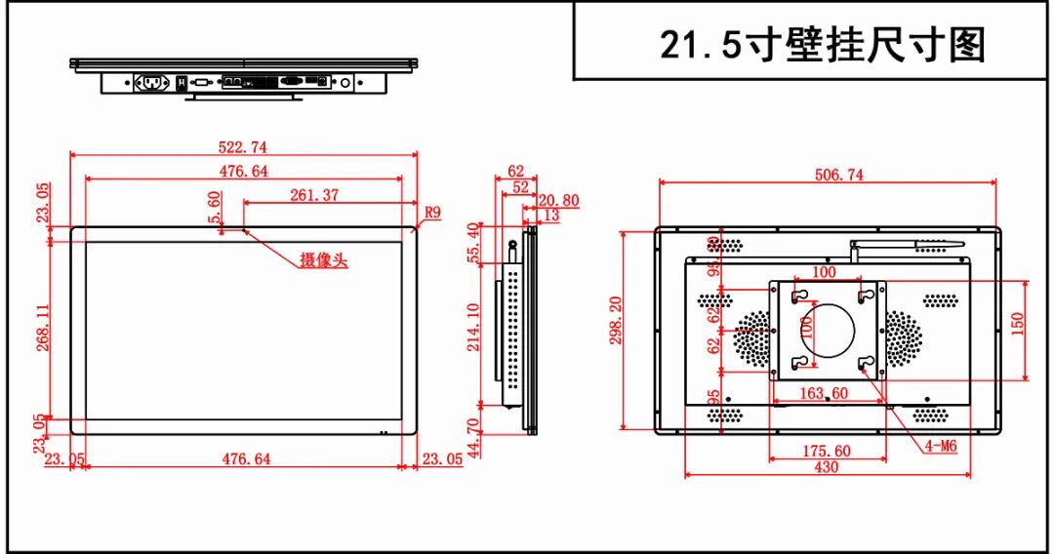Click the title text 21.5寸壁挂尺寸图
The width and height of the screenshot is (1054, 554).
823,44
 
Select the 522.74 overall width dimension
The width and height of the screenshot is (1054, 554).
244,147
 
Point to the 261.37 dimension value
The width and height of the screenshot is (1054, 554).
314,195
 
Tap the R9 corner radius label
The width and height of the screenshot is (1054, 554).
432,212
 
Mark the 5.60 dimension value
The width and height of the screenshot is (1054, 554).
215,206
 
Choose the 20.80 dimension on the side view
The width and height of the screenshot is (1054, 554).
558,201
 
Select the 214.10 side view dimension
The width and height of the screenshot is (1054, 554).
475,327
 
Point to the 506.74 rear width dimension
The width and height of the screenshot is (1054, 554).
826,175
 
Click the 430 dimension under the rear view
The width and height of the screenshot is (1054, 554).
826,467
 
